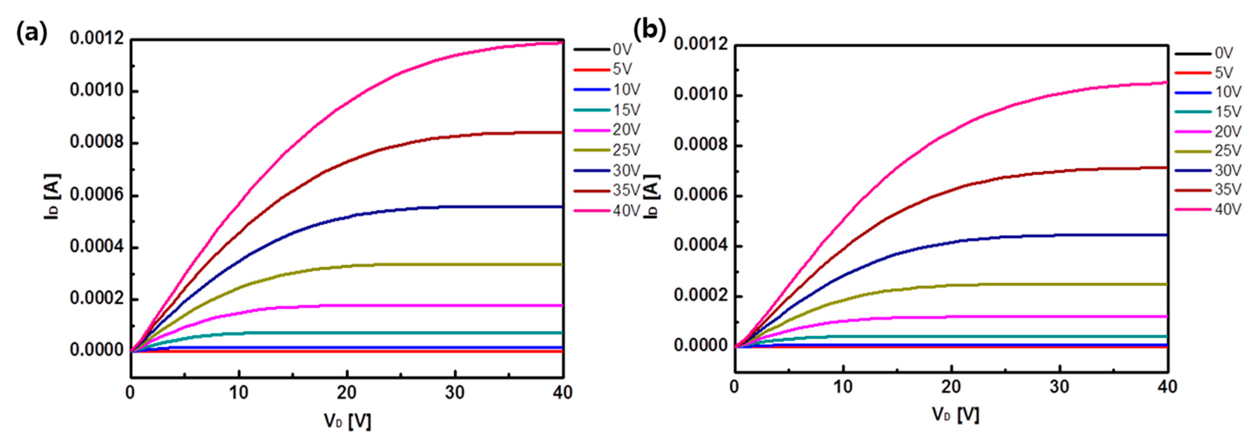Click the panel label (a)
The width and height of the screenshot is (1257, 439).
32,33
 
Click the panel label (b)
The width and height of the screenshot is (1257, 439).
649,30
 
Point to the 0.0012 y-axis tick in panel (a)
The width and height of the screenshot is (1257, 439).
96,38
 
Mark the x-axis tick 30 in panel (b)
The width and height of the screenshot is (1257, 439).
1059,387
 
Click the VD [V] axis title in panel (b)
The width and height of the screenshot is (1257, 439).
955,414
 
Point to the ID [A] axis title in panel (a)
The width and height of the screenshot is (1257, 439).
53,196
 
